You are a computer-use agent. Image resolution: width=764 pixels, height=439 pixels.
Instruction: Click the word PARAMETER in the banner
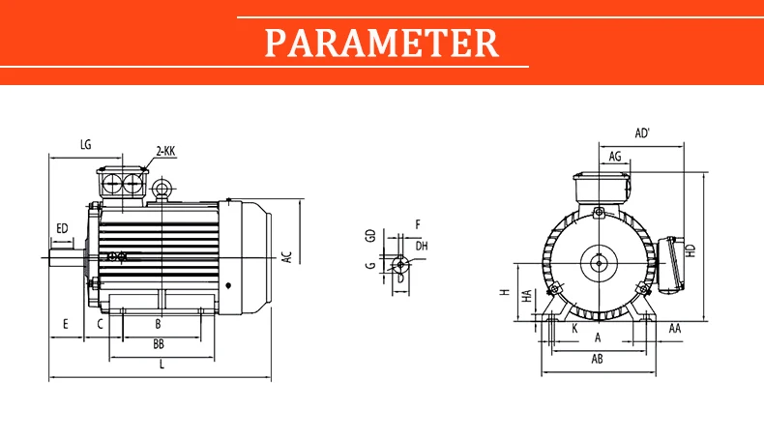pos(381,43)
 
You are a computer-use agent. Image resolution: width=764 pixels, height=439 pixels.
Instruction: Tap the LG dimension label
pos(86,145)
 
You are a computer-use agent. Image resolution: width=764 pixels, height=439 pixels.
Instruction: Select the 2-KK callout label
pos(165,151)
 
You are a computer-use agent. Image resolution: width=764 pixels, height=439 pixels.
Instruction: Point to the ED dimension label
pos(62,228)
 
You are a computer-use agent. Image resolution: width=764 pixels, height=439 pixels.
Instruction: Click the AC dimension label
pos(287,257)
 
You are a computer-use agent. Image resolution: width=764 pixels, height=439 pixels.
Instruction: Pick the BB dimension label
pos(159,344)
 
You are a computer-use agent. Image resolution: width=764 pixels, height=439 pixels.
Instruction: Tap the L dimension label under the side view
pos(162,364)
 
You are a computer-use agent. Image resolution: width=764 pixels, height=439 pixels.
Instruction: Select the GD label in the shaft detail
pos(371,236)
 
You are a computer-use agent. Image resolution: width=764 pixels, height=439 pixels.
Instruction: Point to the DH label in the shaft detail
pos(422,246)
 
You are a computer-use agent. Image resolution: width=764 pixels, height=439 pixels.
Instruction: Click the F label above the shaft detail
pos(418,224)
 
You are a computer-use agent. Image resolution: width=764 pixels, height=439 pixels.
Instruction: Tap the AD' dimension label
pos(643,133)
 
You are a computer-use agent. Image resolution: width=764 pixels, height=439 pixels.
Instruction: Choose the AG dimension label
pos(615,157)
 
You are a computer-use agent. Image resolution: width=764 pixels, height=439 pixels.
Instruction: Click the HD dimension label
pos(691,251)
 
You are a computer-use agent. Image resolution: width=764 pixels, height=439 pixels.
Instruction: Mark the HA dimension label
pos(527,296)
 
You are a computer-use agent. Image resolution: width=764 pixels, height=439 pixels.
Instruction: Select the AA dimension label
pos(675,329)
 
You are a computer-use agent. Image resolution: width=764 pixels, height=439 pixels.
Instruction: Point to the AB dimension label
pos(598,359)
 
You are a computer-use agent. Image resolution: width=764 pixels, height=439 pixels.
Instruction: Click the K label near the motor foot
pos(575,329)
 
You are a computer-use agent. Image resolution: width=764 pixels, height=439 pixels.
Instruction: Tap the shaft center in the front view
pos(598,264)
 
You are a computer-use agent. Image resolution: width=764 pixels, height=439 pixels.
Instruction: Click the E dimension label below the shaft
pos(66,324)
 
